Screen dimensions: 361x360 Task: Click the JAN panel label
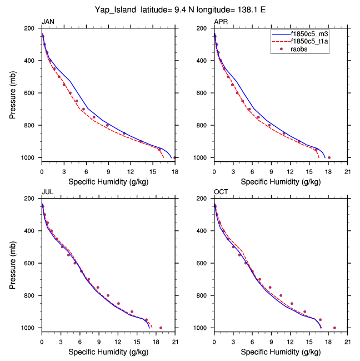(48, 22)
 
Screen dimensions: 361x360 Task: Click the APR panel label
(221, 22)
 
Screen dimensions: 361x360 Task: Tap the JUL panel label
(47, 192)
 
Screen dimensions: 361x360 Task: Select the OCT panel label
(221, 192)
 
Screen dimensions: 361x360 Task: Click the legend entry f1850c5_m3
(314, 33)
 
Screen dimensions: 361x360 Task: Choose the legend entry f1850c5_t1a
(314, 41)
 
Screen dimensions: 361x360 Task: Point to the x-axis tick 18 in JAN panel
(174, 165)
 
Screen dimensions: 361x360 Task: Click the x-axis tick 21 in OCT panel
(347, 335)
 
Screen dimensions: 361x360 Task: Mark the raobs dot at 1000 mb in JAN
(174, 157)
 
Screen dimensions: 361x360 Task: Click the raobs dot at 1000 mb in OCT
(334, 328)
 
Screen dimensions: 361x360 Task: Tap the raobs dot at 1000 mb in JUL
(161, 328)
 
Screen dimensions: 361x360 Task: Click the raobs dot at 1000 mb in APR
(329, 157)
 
